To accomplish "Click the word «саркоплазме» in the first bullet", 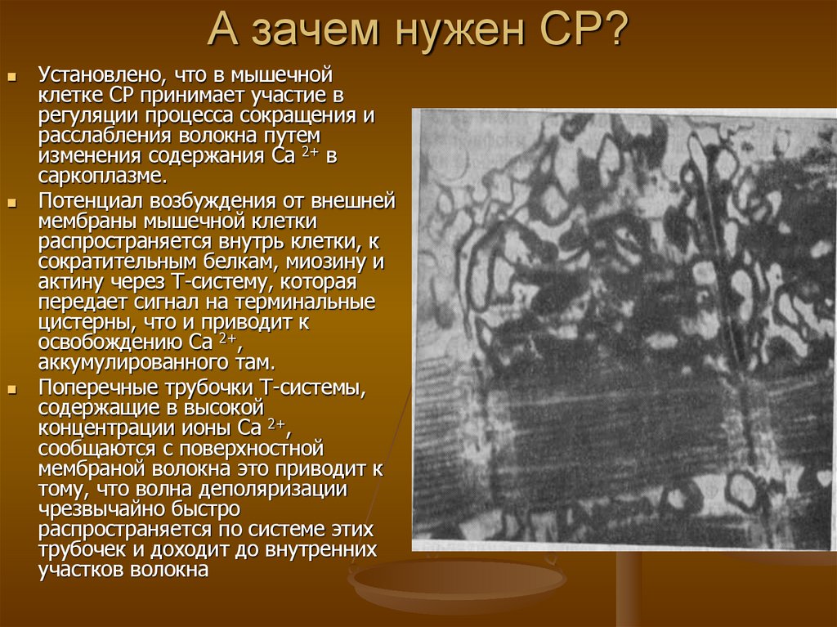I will pos(100,177).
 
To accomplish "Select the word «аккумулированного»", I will pos(123,362).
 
